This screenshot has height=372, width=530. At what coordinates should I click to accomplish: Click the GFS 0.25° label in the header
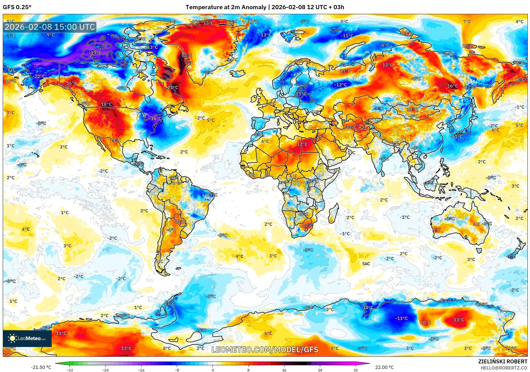[x=17, y=7]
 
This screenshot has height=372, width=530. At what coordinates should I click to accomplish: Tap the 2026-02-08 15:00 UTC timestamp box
[x=50, y=27]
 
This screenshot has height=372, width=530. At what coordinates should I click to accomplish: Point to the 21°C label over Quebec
[x=173, y=88]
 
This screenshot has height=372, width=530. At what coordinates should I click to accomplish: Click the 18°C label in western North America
[x=106, y=104]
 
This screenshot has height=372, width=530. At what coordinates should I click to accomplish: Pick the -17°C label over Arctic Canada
[x=95, y=53]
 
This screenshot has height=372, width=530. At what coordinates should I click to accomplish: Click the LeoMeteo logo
[x=27, y=338]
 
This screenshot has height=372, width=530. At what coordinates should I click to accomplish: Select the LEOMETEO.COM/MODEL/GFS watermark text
[x=265, y=349]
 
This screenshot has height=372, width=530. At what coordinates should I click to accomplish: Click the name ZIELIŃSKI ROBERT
[x=502, y=361]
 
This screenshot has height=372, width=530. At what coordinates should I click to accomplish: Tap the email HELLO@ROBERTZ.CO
[x=504, y=368]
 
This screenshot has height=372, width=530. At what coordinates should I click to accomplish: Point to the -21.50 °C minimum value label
[x=41, y=367]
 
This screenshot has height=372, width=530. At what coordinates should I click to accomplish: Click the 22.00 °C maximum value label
[x=384, y=367]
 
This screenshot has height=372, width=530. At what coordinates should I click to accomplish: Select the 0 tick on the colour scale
[x=213, y=370]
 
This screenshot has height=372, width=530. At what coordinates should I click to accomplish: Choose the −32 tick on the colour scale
[x=69, y=370]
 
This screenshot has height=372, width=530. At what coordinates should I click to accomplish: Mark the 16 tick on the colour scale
[x=284, y=370]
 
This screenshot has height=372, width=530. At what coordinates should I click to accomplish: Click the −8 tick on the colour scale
[x=177, y=370]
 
